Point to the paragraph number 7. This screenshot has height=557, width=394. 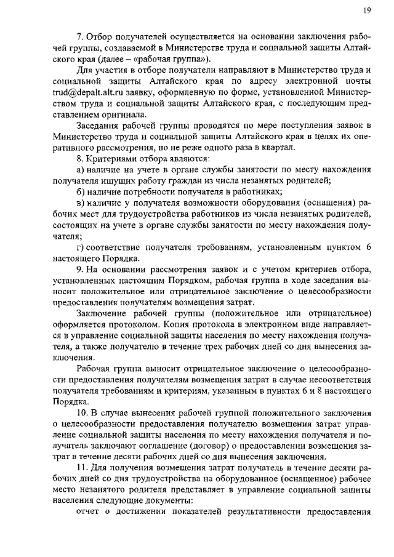coord(79,36)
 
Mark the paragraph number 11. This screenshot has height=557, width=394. coord(81,468)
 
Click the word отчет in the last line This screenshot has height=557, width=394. coord(87,513)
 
